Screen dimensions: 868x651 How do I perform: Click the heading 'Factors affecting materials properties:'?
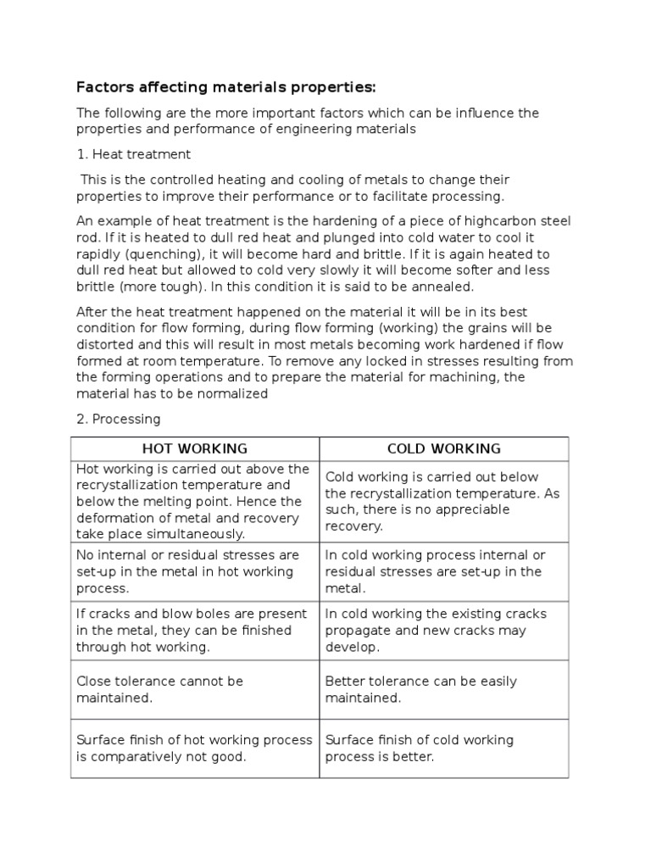point(225,86)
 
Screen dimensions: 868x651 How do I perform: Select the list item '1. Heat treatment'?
point(133,154)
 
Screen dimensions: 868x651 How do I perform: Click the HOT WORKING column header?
point(195,448)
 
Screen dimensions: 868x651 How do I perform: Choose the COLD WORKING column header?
point(443,448)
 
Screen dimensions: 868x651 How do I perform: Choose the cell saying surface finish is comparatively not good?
point(194,748)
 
